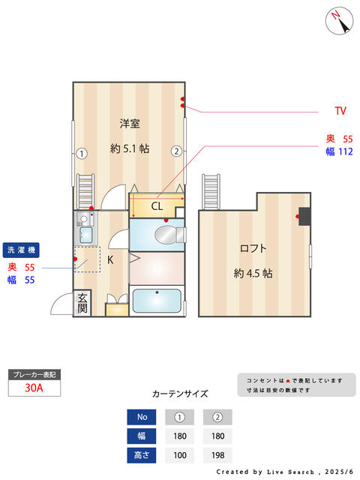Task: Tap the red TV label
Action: (x=340, y=112)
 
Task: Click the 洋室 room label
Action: (x=130, y=123)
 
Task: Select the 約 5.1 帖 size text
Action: (x=130, y=148)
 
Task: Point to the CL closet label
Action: (x=157, y=205)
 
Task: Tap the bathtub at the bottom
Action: (x=156, y=301)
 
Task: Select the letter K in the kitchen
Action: (x=110, y=260)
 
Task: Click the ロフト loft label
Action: (x=253, y=248)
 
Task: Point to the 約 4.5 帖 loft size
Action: (x=253, y=273)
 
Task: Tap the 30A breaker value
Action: (x=33, y=388)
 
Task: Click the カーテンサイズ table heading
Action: (x=180, y=394)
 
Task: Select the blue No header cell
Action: (x=142, y=417)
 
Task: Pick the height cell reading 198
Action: (x=217, y=455)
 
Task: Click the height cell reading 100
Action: (x=180, y=455)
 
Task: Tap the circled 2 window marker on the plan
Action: (x=176, y=151)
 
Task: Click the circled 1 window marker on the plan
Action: (x=82, y=154)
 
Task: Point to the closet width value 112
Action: (x=345, y=152)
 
